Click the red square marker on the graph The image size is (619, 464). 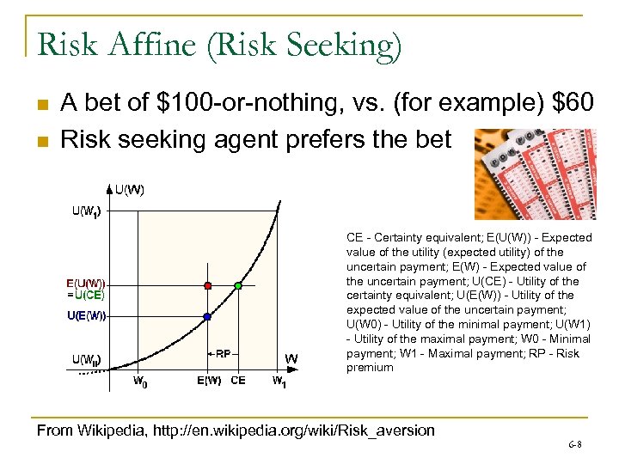tap(207, 285)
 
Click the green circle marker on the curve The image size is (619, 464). tap(238, 285)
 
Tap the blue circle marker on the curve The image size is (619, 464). tap(207, 317)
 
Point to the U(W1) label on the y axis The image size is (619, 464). tap(88, 212)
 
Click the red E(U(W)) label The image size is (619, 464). tap(87, 283)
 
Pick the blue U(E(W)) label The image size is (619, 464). tap(87, 315)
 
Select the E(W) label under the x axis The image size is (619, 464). tap(209, 381)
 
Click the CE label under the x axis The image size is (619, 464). tap(238, 381)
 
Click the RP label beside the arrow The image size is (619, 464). tap(223, 353)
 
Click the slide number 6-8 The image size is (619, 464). tap(574, 444)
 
